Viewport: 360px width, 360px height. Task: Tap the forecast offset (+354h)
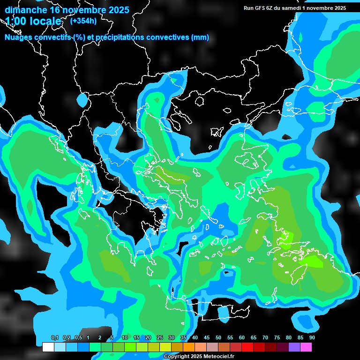pos(83,21)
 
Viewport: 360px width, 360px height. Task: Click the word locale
pos(44,21)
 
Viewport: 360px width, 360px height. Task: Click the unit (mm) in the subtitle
pos(200,37)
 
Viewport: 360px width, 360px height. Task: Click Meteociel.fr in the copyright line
pos(217,357)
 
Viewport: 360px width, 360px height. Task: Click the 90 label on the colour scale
pos(312,337)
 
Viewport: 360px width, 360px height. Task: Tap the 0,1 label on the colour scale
pos(55,337)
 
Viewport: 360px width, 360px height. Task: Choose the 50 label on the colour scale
pos(218,337)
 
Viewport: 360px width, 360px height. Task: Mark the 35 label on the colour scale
pos(183,337)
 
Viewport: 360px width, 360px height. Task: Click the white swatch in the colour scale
pos(48,347)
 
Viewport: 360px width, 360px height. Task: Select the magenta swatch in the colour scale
pos(306,347)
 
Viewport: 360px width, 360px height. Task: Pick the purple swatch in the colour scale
pos(294,347)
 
